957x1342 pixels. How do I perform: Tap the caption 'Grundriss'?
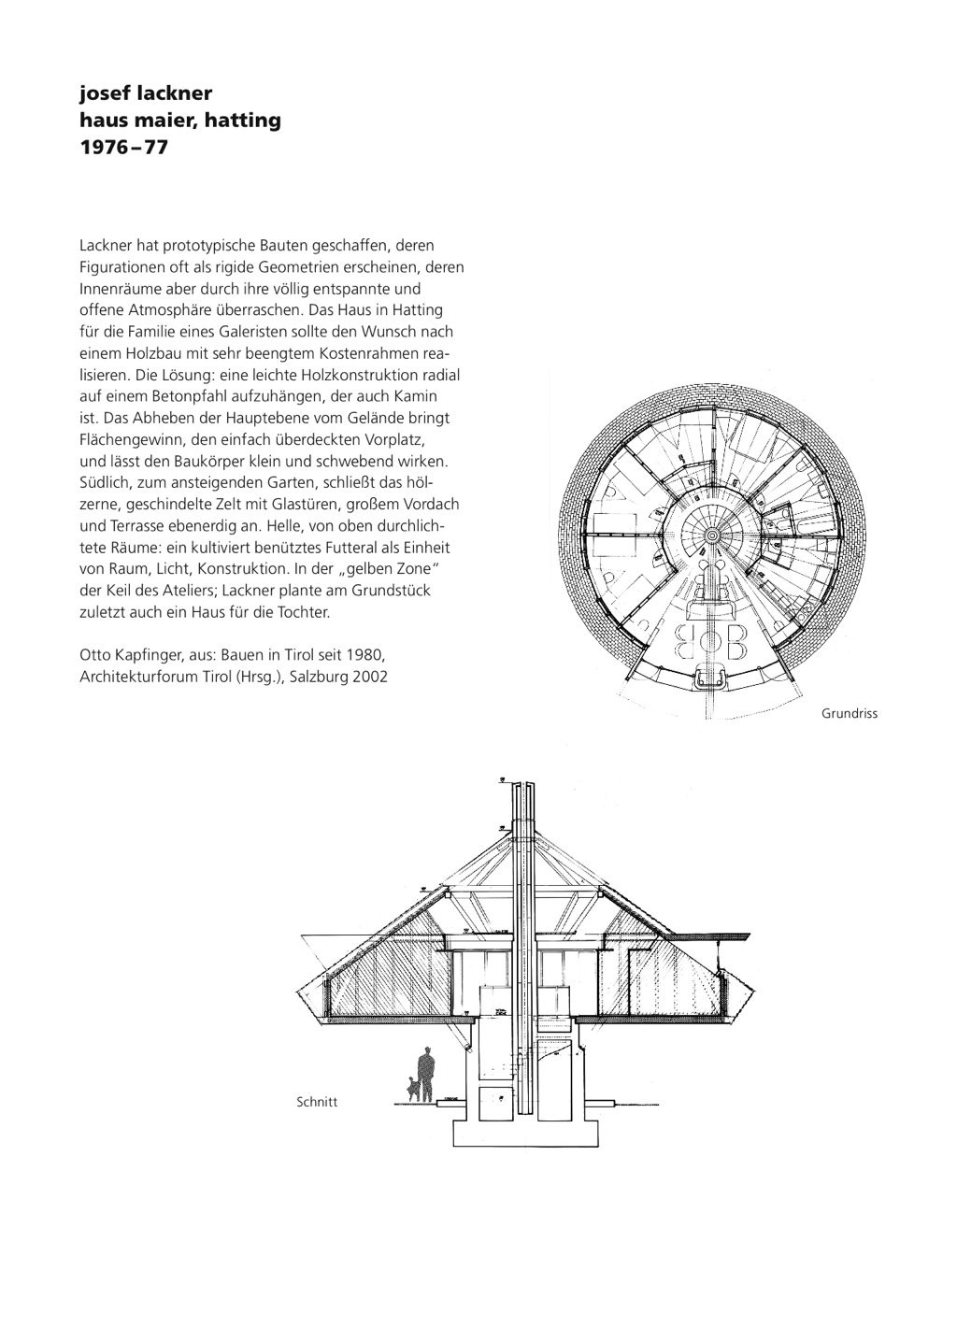click(x=850, y=714)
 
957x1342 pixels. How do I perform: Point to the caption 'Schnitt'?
click(x=317, y=1102)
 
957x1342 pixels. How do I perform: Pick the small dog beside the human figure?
click(x=410, y=1088)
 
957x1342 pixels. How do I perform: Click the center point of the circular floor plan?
click(x=710, y=535)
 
